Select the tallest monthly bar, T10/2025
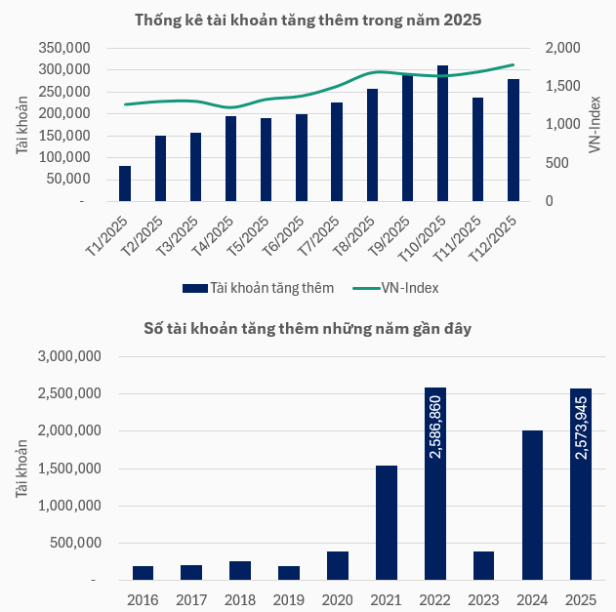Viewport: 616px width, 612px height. tap(442, 134)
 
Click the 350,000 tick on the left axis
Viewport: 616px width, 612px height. tap(62, 48)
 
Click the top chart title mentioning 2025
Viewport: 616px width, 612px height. tap(308, 20)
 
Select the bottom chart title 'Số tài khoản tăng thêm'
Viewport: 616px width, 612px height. tap(308, 328)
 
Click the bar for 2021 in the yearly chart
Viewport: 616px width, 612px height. tap(387, 522)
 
